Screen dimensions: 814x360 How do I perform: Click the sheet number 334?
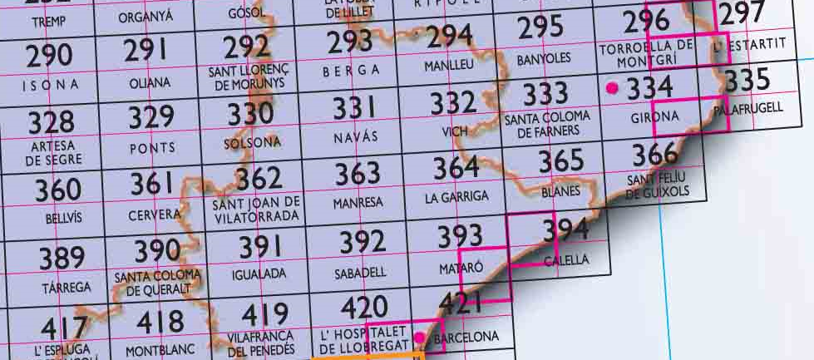pos(650,86)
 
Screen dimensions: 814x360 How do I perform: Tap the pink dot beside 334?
pos(613,87)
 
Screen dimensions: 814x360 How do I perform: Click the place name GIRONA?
pos(655,117)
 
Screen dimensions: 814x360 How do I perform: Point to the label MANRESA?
pos(358,202)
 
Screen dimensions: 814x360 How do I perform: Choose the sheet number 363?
pos(358,174)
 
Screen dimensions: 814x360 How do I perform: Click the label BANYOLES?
pos(544,59)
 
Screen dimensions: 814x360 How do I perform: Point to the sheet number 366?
pos(654,155)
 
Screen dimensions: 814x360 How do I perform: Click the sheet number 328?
pos(51,122)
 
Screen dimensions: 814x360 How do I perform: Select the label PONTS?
pos(153,148)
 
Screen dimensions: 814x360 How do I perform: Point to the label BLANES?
pos(560,190)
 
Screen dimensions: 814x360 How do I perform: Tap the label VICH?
pos(453,131)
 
